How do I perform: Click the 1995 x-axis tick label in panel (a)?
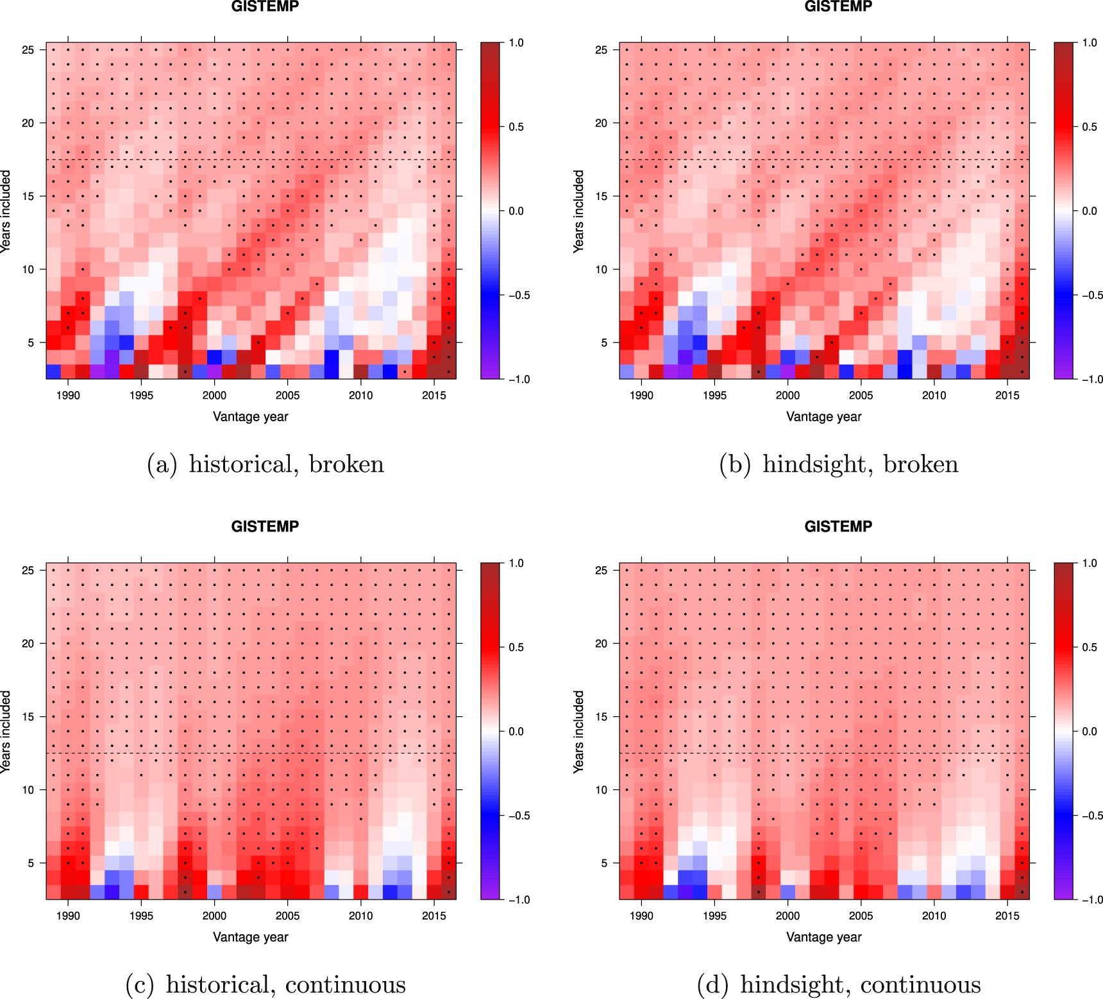(141, 396)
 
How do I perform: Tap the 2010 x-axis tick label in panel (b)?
(934, 396)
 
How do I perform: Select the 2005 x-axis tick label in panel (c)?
(287, 916)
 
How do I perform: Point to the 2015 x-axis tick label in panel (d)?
(1007, 916)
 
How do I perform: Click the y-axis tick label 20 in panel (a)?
(28, 123)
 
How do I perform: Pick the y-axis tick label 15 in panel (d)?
(601, 717)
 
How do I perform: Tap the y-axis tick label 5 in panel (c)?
(31, 863)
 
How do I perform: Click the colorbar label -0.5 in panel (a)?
(519, 296)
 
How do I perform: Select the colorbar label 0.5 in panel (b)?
(1090, 127)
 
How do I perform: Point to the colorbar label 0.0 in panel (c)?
(516, 732)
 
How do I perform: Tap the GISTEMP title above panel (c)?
(265, 526)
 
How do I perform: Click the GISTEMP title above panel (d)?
(838, 526)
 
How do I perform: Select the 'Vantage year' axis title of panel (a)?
(250, 417)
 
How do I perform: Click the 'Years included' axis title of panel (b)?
(578, 211)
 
